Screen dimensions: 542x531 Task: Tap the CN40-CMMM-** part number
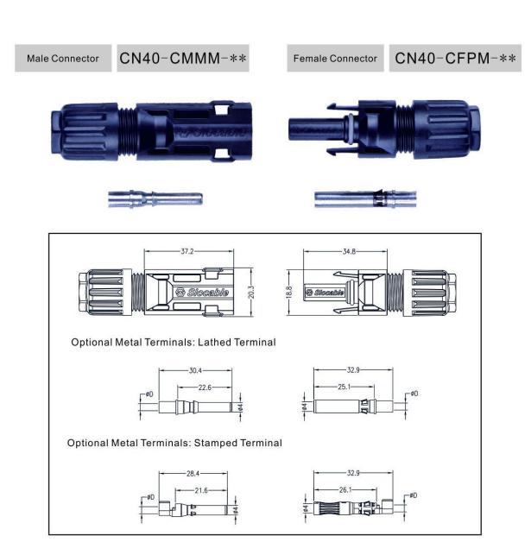coord(183,59)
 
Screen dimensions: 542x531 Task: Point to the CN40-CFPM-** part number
coord(456,59)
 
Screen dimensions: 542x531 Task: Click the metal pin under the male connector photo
coord(155,200)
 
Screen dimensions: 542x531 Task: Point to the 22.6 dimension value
coord(205,387)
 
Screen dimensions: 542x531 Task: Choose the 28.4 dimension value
coord(195,474)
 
